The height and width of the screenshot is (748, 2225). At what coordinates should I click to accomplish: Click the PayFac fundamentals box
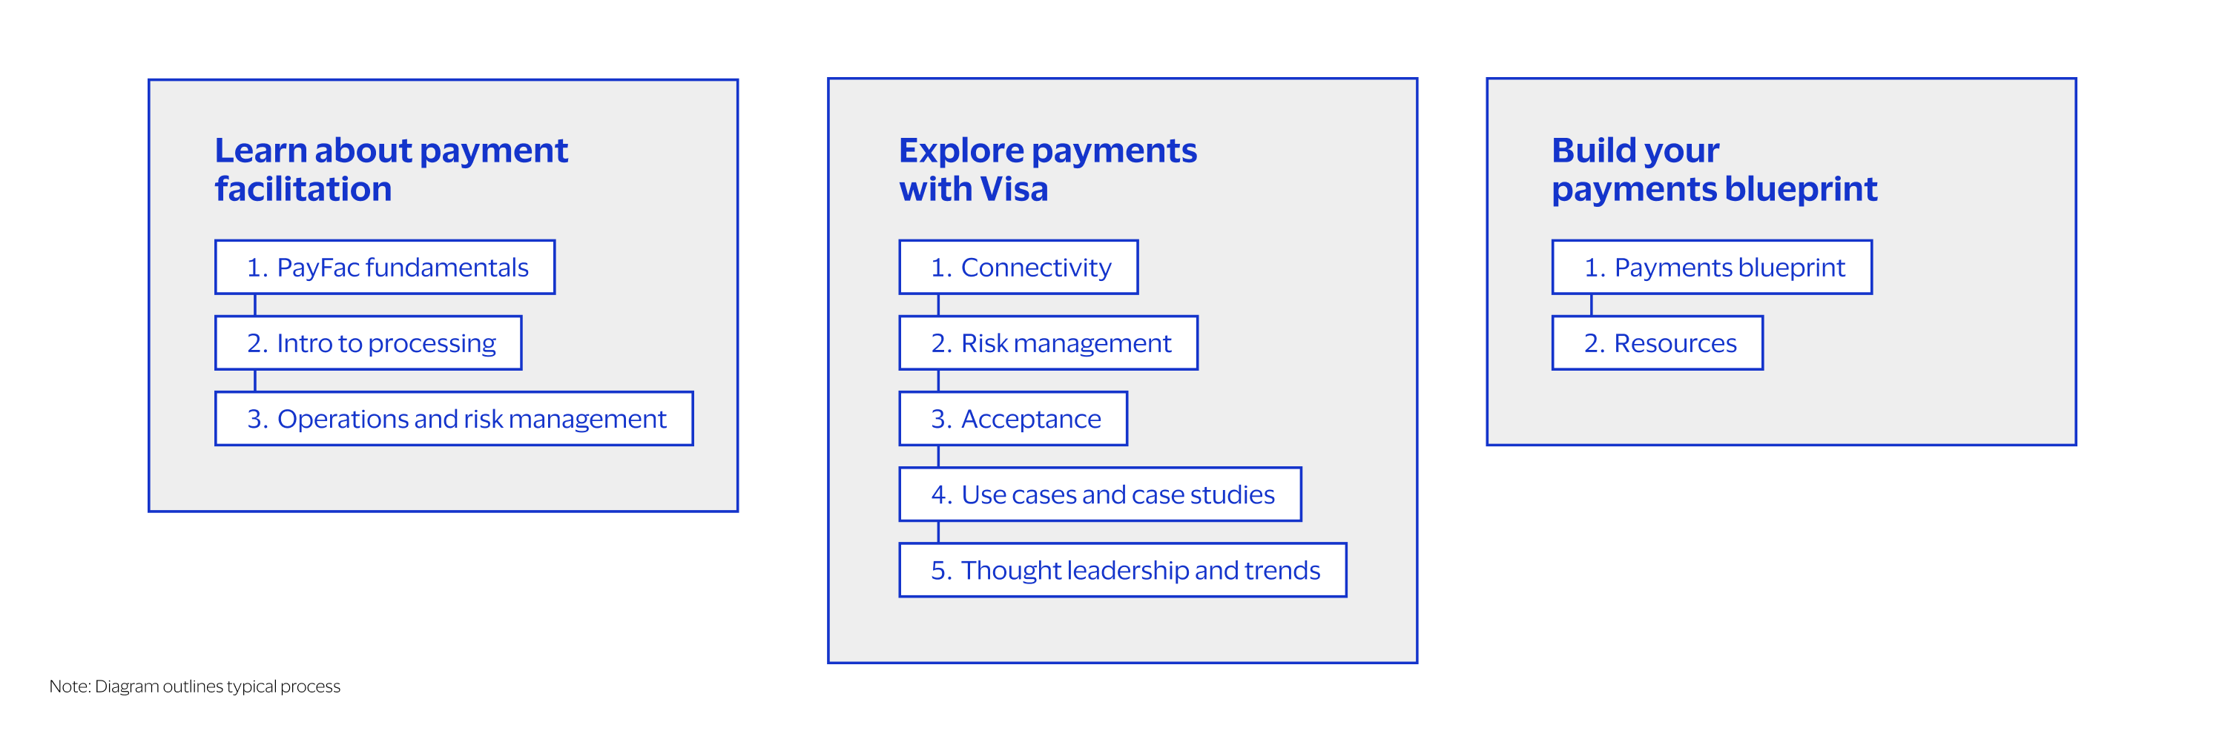pos(384,267)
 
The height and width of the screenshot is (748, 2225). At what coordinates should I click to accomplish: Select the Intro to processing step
pos(368,343)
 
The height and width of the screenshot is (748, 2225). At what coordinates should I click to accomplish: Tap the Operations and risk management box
pos(453,419)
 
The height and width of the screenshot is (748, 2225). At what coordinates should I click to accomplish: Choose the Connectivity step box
pos(1018,267)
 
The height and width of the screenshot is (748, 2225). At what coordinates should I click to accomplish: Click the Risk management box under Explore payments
pos(1048,343)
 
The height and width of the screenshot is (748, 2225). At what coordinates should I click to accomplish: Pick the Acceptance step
pos(1013,419)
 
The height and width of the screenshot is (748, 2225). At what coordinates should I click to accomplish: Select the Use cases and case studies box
pos(1100,494)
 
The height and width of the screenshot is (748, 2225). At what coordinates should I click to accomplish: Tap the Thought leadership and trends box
pos(1122,570)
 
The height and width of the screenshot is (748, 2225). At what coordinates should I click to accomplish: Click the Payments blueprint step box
pos(1712,267)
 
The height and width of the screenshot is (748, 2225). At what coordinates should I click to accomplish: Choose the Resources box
pos(1658,343)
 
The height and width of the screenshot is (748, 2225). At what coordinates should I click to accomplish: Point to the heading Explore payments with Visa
pos(1048,169)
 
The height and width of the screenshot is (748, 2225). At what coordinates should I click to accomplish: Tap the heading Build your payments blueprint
pos(1715,169)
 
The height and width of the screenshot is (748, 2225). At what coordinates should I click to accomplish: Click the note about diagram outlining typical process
pos(194,686)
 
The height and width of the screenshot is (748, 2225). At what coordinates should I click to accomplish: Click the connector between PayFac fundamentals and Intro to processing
pos(255,305)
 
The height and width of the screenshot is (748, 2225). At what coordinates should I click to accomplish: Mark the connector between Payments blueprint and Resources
pos(1591,305)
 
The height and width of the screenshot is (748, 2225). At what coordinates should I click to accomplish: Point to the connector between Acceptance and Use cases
pos(939,457)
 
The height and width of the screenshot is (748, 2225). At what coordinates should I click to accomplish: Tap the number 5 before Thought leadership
pos(938,571)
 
